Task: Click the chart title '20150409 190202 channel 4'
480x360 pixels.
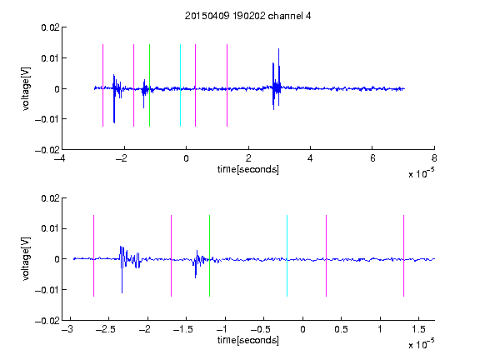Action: click(247, 16)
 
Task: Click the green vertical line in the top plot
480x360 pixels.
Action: click(149, 85)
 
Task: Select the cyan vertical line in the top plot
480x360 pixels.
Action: click(180, 85)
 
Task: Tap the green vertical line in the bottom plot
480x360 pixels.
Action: click(209, 256)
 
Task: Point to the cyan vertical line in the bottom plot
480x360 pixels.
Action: click(287, 256)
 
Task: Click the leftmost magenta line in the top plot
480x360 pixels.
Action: click(102, 85)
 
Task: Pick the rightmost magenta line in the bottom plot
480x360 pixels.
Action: click(403, 256)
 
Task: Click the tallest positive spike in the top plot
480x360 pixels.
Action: click(278, 49)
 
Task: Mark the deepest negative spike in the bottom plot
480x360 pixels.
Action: click(122, 292)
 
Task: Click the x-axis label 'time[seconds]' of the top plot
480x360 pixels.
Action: click(248, 169)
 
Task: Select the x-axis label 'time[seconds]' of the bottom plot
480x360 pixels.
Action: click(248, 340)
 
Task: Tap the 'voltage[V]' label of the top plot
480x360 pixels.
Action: click(26, 89)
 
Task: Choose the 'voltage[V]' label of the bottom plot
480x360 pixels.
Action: click(26, 259)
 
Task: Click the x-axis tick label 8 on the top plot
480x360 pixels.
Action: click(434, 158)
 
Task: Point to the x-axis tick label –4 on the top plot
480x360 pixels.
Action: click(60, 158)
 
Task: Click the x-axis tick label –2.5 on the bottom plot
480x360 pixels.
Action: click(106, 329)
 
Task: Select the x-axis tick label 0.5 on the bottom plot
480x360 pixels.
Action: click(341, 329)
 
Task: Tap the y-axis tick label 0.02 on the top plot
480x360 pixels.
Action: click(51, 27)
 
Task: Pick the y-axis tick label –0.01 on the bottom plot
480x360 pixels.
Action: click(47, 290)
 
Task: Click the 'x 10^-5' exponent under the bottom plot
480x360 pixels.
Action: click(421, 343)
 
